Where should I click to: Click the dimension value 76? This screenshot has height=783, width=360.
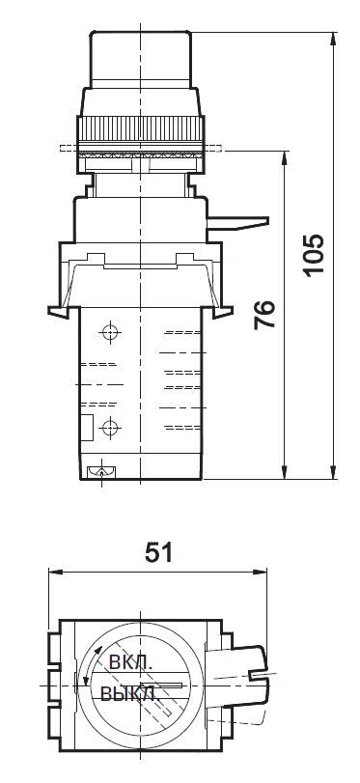click(x=264, y=315)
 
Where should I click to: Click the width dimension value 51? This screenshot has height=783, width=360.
click(x=158, y=552)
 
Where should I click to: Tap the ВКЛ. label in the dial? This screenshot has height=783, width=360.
click(x=128, y=664)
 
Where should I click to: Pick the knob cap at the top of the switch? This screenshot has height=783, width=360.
click(x=140, y=58)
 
